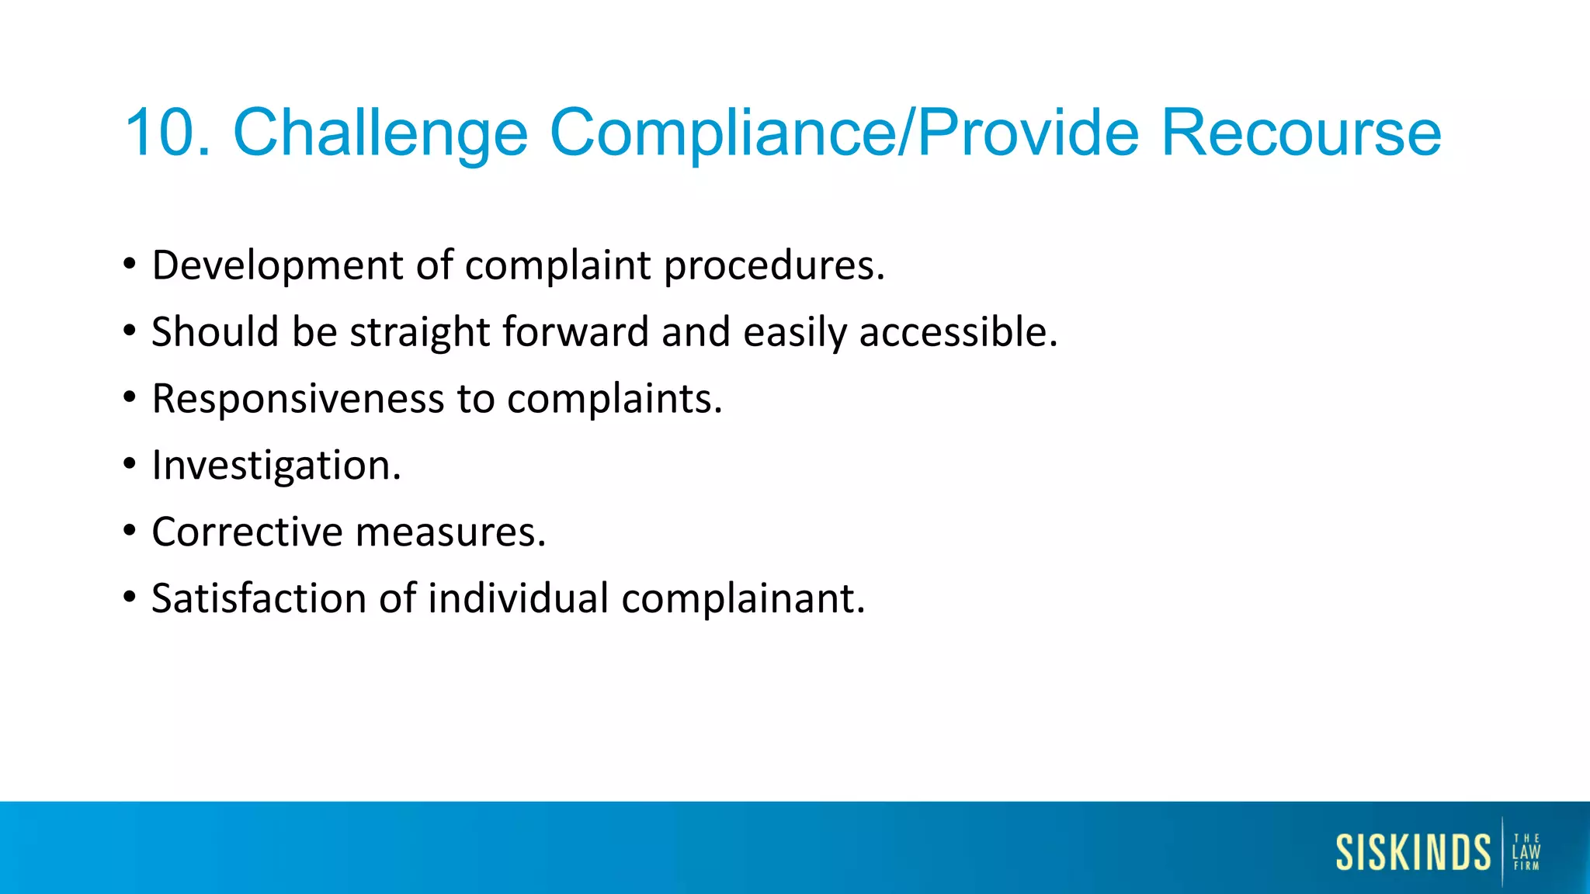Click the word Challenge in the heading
[380, 133]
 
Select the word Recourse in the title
[1300, 133]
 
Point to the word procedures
[773, 265]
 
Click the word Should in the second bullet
[214, 332]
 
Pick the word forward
[575, 332]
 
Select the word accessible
[958, 332]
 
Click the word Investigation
[276, 466]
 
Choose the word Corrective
[247, 532]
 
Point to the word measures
[450, 532]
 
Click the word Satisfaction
[259, 599]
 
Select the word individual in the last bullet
[518, 599]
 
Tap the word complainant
[743, 599]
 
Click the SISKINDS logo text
[1413, 852]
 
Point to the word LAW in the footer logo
[1526, 852]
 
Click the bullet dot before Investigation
[130, 464]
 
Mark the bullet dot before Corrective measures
[130, 531]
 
